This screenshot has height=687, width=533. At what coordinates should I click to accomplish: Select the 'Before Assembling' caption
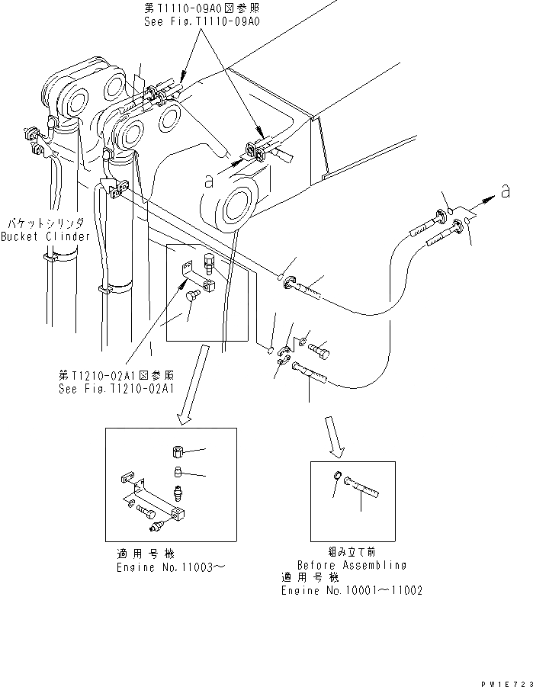[x=352, y=565]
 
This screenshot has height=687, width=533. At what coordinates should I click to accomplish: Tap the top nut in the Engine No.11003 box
[x=176, y=454]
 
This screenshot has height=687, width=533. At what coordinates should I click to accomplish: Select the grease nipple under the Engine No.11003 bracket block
[x=159, y=527]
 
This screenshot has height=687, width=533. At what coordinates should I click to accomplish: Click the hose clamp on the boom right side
[x=255, y=152]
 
